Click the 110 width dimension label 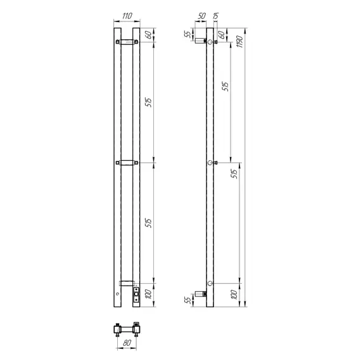click(127, 16)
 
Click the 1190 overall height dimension click(239, 41)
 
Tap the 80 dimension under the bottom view click(127, 343)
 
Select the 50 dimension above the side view click(201, 16)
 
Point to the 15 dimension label click(215, 16)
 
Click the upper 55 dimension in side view click(188, 34)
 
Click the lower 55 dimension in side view click(188, 300)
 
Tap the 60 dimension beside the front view click(149, 35)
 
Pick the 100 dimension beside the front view click(149, 294)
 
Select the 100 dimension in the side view click(234, 294)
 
